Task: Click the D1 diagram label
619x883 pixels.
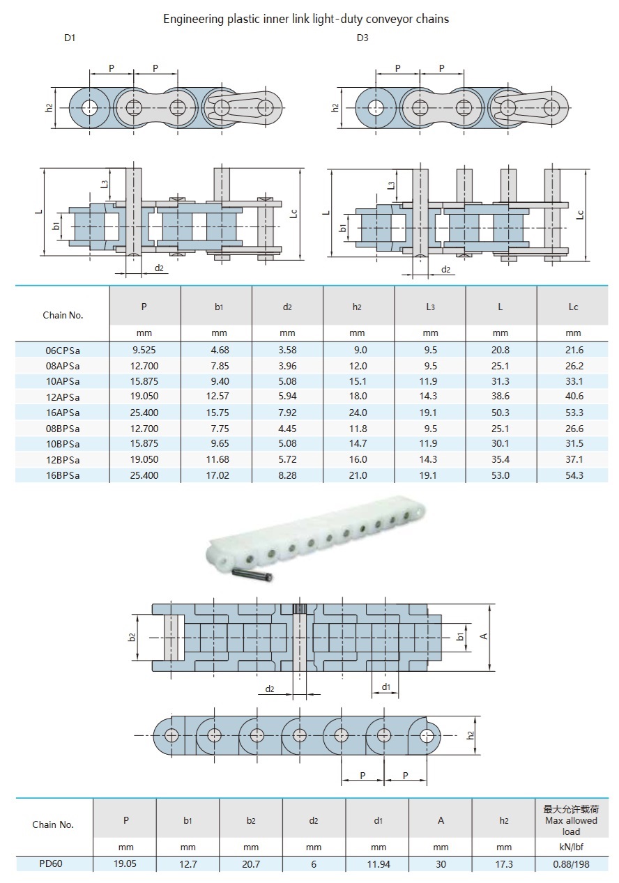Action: click(x=70, y=38)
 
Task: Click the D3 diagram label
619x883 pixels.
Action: click(x=362, y=38)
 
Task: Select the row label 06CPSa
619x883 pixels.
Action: click(x=63, y=350)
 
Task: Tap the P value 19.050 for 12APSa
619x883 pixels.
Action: click(x=144, y=397)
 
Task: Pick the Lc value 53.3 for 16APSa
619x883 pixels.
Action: click(x=573, y=413)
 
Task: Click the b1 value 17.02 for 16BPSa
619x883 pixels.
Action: click(x=215, y=475)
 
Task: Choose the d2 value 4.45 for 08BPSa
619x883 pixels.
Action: click(x=287, y=429)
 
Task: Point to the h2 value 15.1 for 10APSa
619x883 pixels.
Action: click(x=358, y=381)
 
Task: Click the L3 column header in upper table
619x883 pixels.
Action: click(x=430, y=307)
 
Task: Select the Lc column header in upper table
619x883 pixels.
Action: click(x=573, y=307)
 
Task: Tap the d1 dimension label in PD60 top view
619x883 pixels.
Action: click(x=385, y=687)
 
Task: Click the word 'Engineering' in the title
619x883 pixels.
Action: click(x=194, y=19)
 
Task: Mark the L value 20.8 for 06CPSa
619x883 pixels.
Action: click(x=500, y=350)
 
